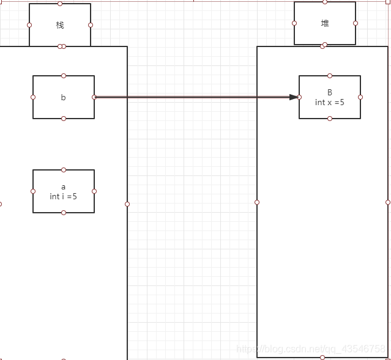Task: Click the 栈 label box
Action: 60,25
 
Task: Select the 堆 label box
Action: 325,23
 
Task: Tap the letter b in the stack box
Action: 63,97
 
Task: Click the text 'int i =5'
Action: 64,197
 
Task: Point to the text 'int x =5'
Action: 330,102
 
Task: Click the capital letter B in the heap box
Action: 330,93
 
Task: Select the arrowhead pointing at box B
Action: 294,97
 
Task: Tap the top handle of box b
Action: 64,76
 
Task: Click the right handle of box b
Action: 94,97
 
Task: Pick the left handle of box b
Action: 33,97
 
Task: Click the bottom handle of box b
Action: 64,119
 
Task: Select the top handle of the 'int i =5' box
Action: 64,170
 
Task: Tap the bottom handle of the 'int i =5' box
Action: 64,213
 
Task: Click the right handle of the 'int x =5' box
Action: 360,97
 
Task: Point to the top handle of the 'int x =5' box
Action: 330,76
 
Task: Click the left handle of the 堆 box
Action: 294,23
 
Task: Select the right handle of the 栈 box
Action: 91,25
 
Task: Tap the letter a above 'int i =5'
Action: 63,186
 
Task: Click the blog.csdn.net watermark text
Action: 311,348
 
